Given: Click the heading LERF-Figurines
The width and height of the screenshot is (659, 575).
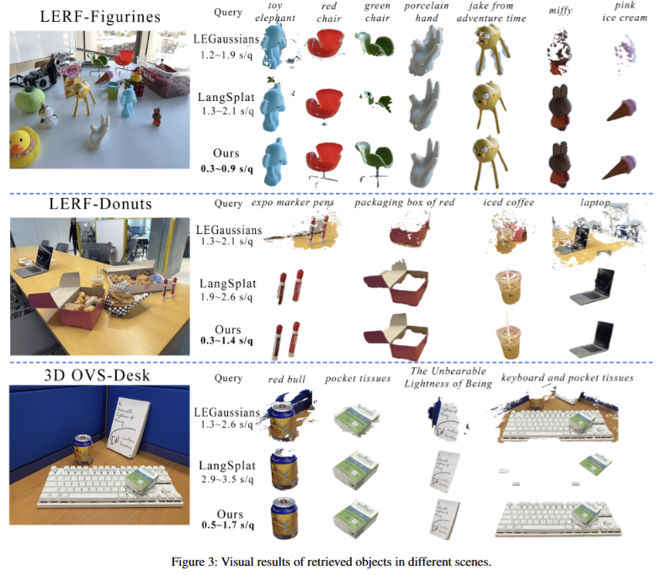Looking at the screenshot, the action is (x=100, y=17).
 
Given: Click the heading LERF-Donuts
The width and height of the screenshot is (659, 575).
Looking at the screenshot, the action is (x=100, y=204).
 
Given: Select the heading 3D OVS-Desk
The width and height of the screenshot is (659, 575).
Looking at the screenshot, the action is (x=97, y=375).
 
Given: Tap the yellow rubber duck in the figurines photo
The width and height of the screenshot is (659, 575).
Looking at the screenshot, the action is (x=24, y=148).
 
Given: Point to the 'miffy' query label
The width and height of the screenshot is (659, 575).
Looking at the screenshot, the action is (x=561, y=11).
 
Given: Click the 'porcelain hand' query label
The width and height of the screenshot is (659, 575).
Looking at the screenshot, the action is (x=426, y=12).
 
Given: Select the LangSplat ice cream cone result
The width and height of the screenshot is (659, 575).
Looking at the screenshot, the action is (x=622, y=109).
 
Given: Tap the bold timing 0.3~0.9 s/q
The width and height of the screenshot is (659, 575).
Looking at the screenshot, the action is (x=227, y=169).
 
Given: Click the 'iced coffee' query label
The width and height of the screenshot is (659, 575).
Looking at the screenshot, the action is (x=508, y=203).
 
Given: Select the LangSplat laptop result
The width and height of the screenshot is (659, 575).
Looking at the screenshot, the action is (x=592, y=286).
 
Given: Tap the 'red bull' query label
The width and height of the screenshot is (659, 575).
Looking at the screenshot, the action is (x=287, y=379).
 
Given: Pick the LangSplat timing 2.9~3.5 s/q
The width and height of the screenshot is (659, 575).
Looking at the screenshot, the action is (x=227, y=479).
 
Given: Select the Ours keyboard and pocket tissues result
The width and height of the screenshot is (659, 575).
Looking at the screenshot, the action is (x=558, y=518).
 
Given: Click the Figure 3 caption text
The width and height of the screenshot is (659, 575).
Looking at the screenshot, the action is (x=331, y=562).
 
